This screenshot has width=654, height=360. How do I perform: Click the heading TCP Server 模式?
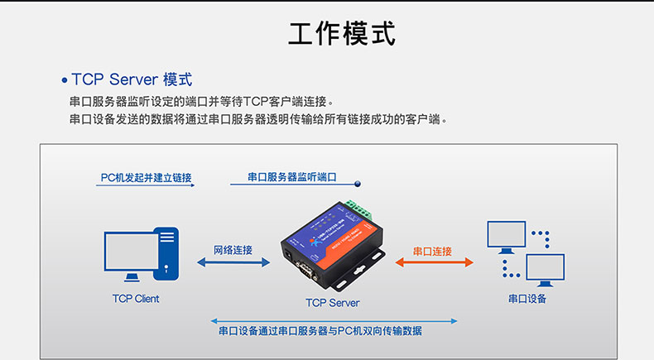[x=132, y=79]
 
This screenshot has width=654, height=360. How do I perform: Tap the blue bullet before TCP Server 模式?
[x=65, y=81]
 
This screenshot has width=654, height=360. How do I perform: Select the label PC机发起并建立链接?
[x=146, y=178]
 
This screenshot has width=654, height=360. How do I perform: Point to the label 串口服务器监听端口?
[x=292, y=178]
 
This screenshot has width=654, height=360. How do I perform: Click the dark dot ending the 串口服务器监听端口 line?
[x=357, y=185]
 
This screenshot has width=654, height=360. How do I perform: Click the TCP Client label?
[x=136, y=299]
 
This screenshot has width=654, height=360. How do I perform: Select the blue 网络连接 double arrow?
[x=233, y=262]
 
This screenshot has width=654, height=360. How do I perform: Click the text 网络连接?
[x=233, y=250]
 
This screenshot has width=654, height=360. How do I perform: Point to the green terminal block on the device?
[x=355, y=206]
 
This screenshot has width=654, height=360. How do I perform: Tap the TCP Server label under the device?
[x=333, y=303]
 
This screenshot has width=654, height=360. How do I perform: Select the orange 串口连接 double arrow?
[x=434, y=262]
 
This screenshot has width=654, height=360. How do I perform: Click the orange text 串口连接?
[x=432, y=251]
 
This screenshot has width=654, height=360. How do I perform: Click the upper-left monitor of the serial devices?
[x=506, y=236]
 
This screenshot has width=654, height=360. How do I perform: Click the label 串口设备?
[x=527, y=299]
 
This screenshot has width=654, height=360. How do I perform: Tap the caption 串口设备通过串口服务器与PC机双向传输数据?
[x=320, y=331]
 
